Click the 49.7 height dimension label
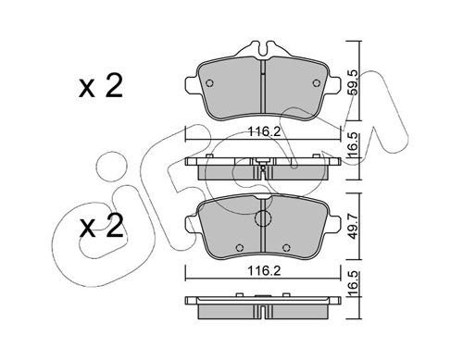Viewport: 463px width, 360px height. pos(354,227)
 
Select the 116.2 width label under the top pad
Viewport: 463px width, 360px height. pos(265,132)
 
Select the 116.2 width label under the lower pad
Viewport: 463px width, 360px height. pos(265,271)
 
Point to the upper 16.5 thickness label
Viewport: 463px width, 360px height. pos(354,144)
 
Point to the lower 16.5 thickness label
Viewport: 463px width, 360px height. pos(354,283)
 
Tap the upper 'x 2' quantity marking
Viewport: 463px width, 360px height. pos(101,86)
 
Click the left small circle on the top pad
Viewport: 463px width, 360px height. pos(209,83)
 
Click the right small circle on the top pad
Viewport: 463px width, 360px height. pos(316,83)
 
